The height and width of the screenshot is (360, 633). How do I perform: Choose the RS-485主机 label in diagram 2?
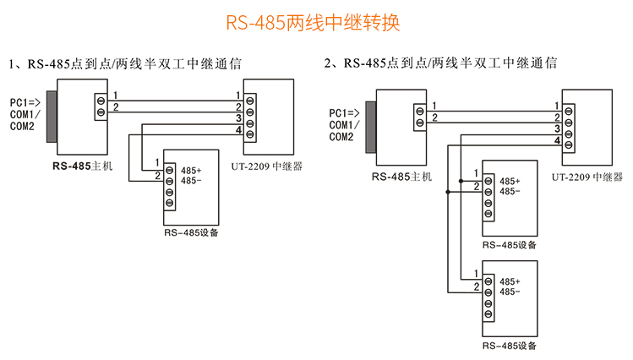click(x=401, y=177)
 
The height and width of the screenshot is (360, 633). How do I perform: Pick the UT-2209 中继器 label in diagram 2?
click(x=587, y=177)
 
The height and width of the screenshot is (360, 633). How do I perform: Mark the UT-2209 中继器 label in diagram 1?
click(x=268, y=166)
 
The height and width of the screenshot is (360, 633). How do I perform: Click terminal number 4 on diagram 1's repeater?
click(x=239, y=131)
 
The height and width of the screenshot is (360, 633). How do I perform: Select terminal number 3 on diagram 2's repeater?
click(x=558, y=129)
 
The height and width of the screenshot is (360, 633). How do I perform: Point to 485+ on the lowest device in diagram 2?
click(x=510, y=281)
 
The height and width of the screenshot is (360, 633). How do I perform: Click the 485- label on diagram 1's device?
click(x=191, y=181)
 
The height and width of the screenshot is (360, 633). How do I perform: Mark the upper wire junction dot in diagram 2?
click(x=461, y=180)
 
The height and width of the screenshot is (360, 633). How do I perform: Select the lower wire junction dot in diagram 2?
click(x=448, y=192)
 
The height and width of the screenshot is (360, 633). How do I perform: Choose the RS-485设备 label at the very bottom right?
click(x=510, y=346)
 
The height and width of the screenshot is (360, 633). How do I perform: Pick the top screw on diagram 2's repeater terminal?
click(x=570, y=108)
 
